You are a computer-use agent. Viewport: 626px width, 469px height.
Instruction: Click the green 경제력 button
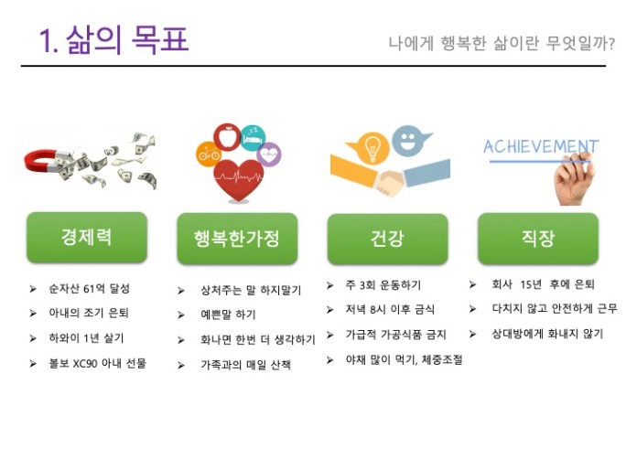[87, 238]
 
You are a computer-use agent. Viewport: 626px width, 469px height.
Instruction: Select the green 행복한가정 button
[237, 239]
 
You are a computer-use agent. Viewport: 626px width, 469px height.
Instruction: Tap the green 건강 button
[388, 239]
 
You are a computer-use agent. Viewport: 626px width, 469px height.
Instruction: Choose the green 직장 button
[538, 239]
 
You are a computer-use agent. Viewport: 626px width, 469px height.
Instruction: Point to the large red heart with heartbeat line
[238, 180]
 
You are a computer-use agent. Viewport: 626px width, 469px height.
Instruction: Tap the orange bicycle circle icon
[209, 154]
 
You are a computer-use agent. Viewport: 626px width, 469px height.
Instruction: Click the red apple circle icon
[228, 137]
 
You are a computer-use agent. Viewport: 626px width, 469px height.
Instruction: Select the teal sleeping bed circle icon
[254, 138]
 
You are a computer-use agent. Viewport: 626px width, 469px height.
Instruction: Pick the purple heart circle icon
[269, 155]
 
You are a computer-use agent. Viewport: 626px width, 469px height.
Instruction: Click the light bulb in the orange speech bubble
[372, 148]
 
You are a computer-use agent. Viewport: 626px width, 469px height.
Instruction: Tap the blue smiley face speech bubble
[409, 141]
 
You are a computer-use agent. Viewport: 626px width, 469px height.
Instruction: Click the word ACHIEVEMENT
[541, 147]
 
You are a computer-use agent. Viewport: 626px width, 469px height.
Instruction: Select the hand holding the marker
[574, 179]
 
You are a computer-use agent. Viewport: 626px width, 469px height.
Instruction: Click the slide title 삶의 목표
[127, 40]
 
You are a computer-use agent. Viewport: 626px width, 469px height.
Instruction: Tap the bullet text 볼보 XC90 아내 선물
[97, 363]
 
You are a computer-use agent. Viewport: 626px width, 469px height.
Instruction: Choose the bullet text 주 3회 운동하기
[383, 285]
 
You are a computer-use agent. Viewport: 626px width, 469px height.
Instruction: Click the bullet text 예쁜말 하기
[228, 314]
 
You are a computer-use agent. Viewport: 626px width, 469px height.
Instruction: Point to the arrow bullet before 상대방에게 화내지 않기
[472, 335]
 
